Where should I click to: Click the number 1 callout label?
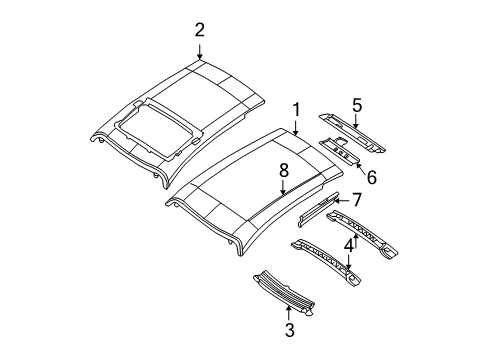(x=296, y=108)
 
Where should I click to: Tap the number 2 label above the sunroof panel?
(x=199, y=29)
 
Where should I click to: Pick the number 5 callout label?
(x=356, y=103)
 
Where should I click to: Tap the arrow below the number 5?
(x=356, y=121)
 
